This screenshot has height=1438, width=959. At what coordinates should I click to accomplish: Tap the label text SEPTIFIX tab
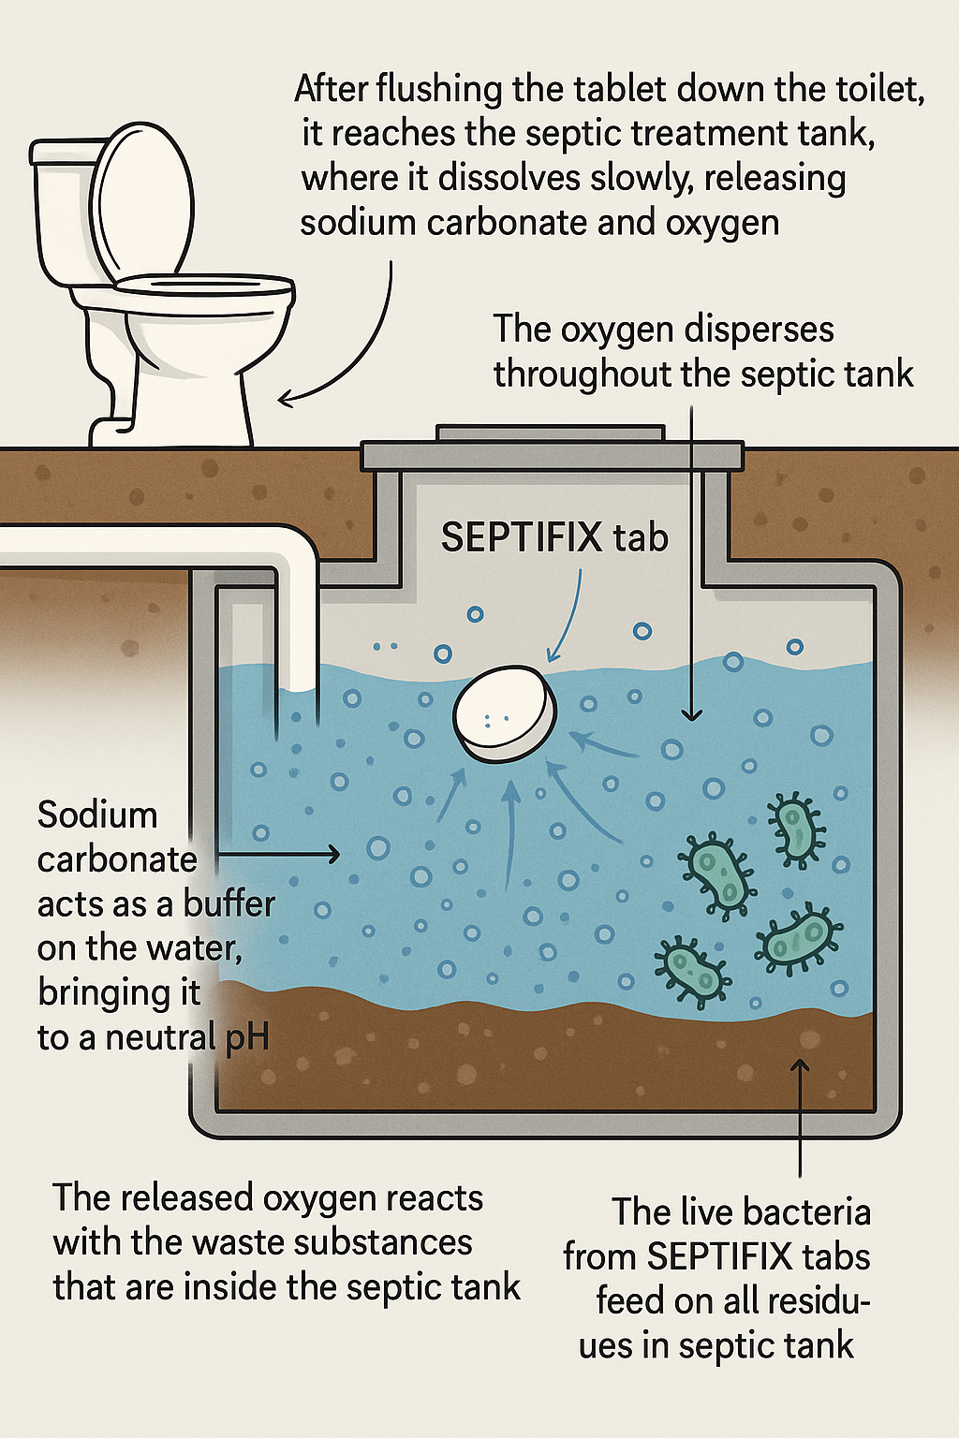[554, 537]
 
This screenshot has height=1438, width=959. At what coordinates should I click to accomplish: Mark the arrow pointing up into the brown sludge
[800, 1114]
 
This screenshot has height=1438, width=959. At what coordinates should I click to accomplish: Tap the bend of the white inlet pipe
[290, 552]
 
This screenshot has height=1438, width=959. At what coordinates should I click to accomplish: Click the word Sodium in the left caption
[97, 814]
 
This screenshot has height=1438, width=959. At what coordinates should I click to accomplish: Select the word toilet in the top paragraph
[876, 89]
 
